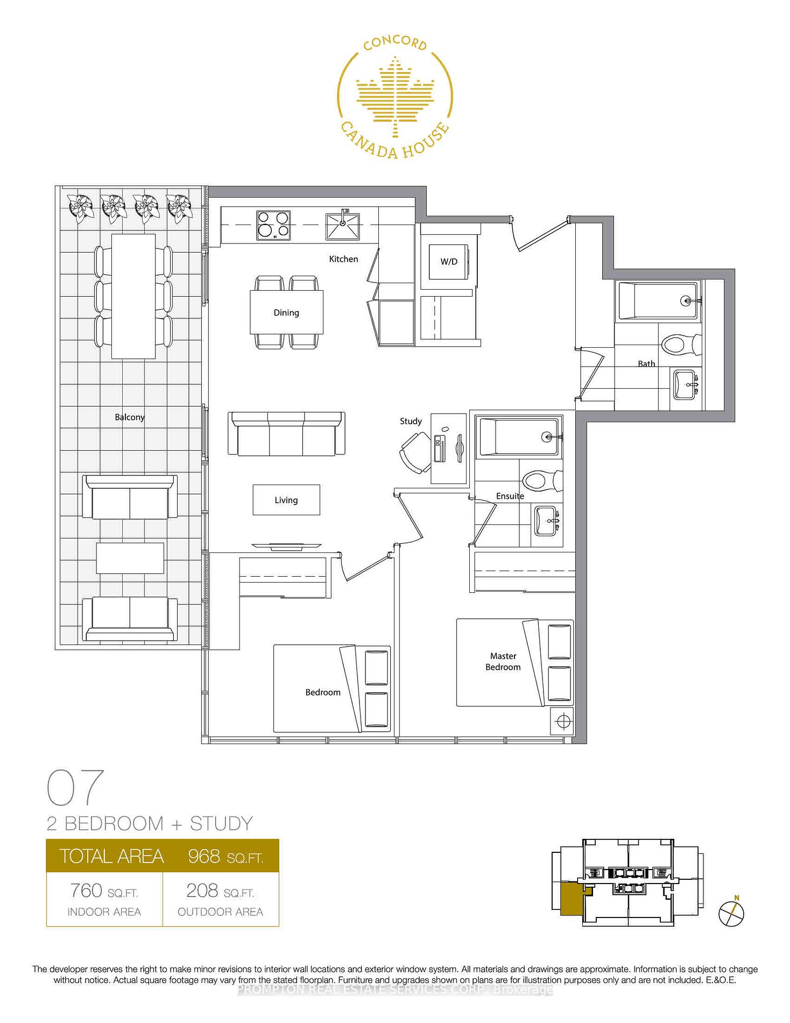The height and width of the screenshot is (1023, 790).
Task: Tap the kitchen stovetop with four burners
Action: (x=273, y=225)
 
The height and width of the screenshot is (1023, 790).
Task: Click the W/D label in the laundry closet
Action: (x=449, y=262)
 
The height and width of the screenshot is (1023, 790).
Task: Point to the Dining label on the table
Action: (x=286, y=313)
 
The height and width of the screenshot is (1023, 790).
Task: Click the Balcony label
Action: (x=130, y=417)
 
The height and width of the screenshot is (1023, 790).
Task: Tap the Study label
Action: (x=411, y=421)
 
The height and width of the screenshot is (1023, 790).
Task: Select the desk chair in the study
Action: (x=415, y=453)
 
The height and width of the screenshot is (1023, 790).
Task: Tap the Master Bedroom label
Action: (x=503, y=661)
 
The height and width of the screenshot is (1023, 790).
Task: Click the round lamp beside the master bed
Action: (x=563, y=721)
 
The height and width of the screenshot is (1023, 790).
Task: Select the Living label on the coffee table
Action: (x=286, y=500)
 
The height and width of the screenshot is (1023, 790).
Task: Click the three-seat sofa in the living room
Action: (x=286, y=434)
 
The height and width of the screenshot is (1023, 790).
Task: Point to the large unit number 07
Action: (x=75, y=787)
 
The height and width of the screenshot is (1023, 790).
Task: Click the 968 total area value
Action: (x=204, y=856)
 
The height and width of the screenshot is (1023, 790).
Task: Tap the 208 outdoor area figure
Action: (x=202, y=891)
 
